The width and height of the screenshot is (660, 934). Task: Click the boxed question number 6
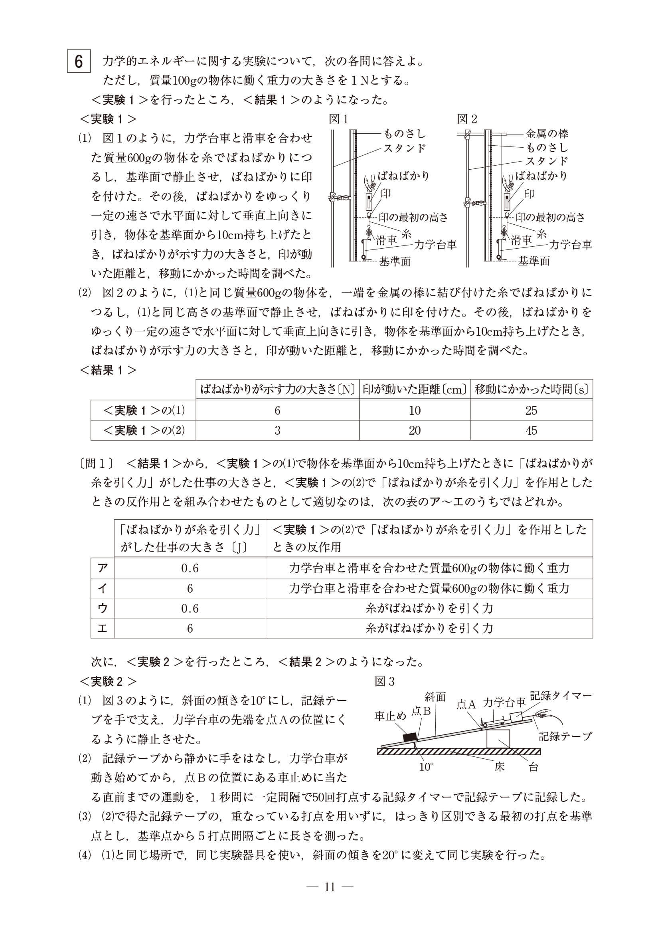pyautogui.click(x=79, y=62)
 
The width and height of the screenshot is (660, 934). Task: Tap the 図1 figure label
pyautogui.click(x=338, y=119)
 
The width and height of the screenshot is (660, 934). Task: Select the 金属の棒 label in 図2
pyautogui.click(x=547, y=133)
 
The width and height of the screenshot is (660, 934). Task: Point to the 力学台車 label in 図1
pyautogui.click(x=435, y=245)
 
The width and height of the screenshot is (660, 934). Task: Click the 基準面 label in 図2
pyautogui.click(x=534, y=261)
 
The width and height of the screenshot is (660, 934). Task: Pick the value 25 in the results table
pyautogui.click(x=531, y=410)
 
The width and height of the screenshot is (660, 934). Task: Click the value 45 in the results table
pyautogui.click(x=531, y=430)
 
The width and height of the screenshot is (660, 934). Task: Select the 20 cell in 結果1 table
pyautogui.click(x=414, y=430)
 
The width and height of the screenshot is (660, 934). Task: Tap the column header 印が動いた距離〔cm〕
pyautogui.click(x=414, y=390)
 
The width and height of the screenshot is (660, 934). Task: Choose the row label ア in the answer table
pyautogui.click(x=102, y=568)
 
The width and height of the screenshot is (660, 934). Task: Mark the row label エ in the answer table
pyautogui.click(x=102, y=629)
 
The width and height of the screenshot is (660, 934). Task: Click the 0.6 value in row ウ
pyautogui.click(x=190, y=608)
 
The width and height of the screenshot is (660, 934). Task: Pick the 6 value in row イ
pyautogui.click(x=190, y=588)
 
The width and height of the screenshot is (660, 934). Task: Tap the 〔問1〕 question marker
pyautogui.click(x=97, y=463)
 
